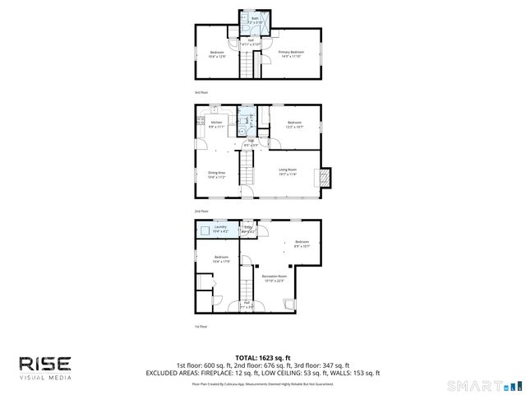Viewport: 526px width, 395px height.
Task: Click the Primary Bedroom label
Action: coord(290,53)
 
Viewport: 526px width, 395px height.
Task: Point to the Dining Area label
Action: coord(216,174)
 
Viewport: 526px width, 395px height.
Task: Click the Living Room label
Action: coord(288,171)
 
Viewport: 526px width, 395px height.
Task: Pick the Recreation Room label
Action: coord(275,277)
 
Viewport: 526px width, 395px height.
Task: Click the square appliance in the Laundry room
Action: coord(203,231)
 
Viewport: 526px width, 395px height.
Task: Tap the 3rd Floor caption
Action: coord(200,92)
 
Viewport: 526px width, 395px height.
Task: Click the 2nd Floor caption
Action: coord(200,211)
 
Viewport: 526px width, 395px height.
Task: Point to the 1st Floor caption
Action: coord(200,326)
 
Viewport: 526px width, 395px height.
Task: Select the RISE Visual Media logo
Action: coord(45,367)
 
